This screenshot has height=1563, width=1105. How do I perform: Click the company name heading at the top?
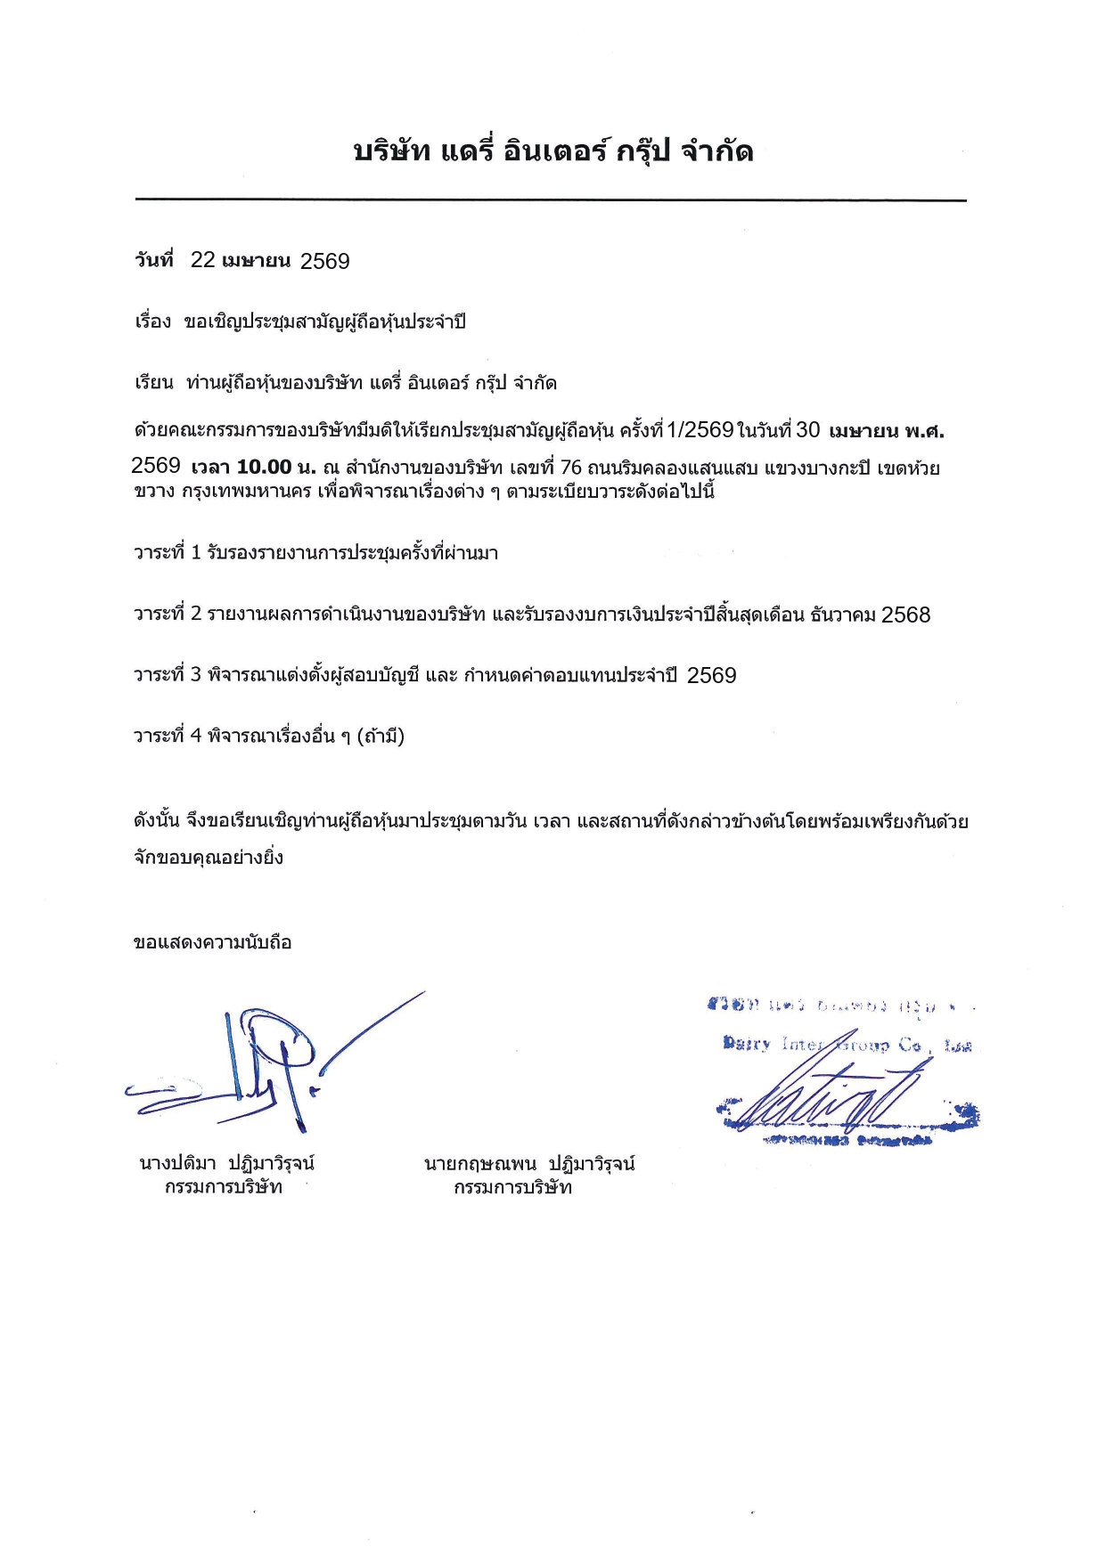tap(552, 151)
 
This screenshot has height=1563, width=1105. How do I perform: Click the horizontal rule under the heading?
tap(551, 200)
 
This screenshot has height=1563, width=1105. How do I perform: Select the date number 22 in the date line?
tap(203, 260)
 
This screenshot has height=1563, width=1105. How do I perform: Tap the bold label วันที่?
tap(154, 260)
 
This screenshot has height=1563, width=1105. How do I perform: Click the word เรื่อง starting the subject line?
tap(152, 322)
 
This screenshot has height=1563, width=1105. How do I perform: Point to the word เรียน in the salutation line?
tap(153, 383)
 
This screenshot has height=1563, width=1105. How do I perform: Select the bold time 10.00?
tap(265, 468)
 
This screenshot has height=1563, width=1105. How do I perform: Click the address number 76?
tap(570, 468)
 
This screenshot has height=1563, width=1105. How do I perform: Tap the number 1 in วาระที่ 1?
tap(196, 553)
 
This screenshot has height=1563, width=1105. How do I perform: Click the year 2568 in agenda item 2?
tap(905, 615)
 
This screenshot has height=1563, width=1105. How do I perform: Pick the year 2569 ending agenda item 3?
tap(712, 676)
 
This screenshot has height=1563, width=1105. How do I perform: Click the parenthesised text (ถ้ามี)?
tap(381, 737)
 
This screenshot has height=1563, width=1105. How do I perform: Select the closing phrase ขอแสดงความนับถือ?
tap(212, 942)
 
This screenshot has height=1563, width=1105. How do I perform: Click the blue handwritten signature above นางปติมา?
tap(267, 1064)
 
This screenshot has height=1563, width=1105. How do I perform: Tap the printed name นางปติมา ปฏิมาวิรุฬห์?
tap(226, 1163)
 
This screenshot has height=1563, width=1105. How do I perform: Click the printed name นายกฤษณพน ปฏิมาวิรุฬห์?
tap(529, 1163)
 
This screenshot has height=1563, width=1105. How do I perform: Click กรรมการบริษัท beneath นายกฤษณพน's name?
tap(512, 1187)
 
